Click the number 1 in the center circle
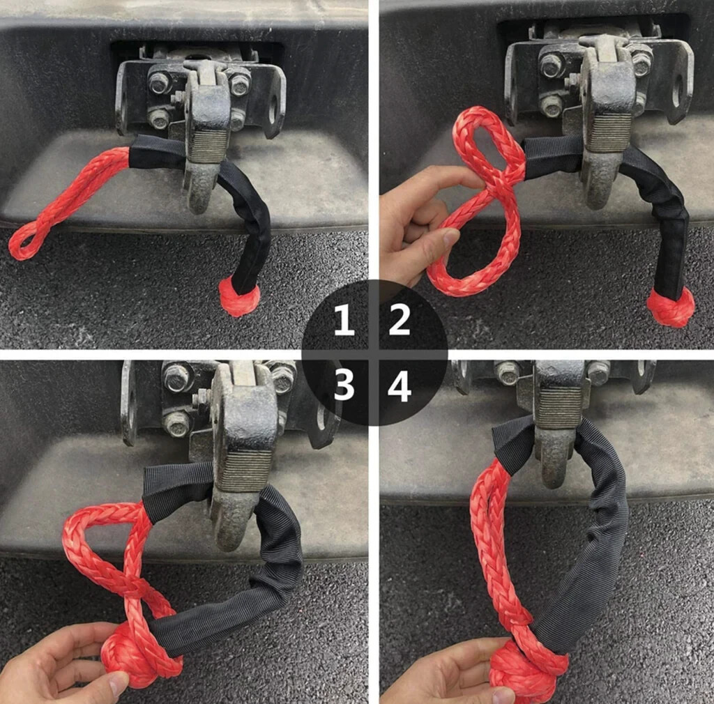344,321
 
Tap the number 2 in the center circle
399,321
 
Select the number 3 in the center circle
344,385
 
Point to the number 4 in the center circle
400,385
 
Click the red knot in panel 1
239,296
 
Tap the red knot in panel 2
670,307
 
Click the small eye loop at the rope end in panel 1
26,241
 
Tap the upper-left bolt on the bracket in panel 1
160,82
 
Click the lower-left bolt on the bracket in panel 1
160,117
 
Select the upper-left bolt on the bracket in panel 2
552,65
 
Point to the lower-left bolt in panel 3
176,422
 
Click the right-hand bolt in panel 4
598,373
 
